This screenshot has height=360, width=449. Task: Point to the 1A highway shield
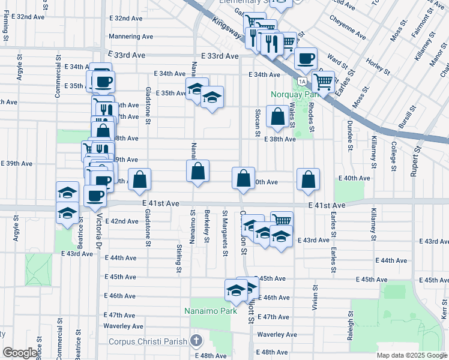pyautogui.click(x=302, y=81)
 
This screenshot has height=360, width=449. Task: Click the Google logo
pyautogui.click(x=19, y=353)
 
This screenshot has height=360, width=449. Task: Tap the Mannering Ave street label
pyautogui.click(x=131, y=37)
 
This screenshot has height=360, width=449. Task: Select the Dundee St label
pyautogui.click(x=349, y=137)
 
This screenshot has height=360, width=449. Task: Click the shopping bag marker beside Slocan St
pyautogui.click(x=278, y=118)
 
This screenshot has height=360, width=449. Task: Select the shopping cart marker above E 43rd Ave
pyautogui.click(x=282, y=221)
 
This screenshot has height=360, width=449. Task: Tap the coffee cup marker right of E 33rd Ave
pyautogui.click(x=306, y=59)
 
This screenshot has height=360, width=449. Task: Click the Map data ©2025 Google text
pyautogui.click(x=412, y=355)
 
